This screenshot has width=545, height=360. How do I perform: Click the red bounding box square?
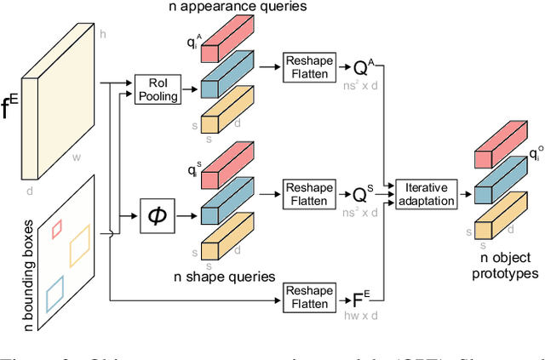[x=58, y=228]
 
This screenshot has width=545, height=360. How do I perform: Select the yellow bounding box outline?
[x=78, y=247]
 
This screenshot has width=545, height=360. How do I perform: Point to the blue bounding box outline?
[x=54, y=293]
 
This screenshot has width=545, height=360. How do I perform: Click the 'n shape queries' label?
[x=226, y=275]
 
